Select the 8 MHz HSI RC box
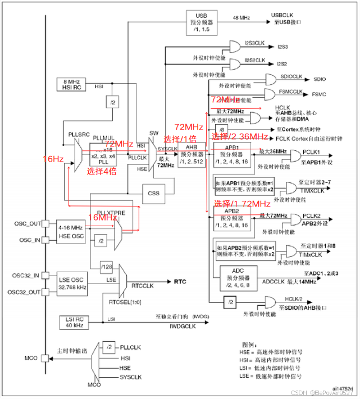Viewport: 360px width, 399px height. click(71, 84)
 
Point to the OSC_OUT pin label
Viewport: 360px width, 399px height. click(28, 224)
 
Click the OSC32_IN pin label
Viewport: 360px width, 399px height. click(27, 275)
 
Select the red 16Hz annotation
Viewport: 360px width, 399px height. click(52, 159)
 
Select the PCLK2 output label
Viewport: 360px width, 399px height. click(311, 215)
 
